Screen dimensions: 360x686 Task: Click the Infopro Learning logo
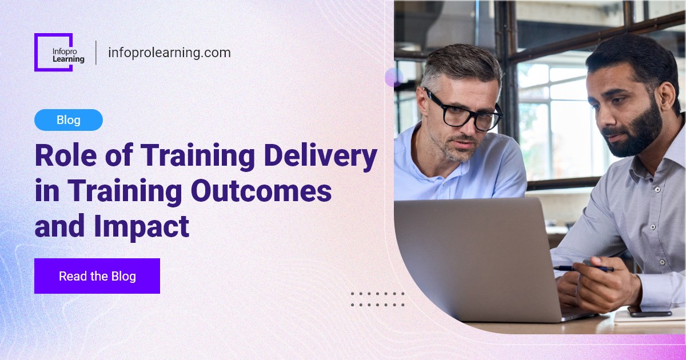tap(59, 53)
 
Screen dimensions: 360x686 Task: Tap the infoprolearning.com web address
tap(169, 53)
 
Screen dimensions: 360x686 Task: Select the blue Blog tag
tap(69, 120)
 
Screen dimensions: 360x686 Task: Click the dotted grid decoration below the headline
tap(377, 299)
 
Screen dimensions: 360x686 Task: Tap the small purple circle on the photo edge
tap(394, 77)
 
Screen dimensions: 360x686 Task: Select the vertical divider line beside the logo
tap(95, 53)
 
